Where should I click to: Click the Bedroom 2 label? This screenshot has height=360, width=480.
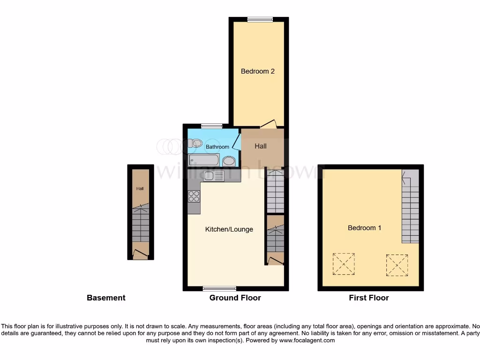(x=257, y=71)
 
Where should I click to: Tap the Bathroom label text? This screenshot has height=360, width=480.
(x=217, y=147)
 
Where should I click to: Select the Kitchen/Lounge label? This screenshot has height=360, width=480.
(x=229, y=229)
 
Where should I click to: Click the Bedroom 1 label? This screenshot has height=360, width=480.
(x=364, y=228)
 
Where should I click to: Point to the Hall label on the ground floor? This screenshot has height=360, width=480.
(x=261, y=146)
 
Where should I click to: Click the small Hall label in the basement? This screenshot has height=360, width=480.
(x=140, y=189)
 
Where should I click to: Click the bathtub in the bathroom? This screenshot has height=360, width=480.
(x=204, y=160)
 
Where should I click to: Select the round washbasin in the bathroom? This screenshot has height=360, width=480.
(x=229, y=161)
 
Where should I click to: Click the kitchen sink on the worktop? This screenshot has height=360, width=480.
(x=214, y=176)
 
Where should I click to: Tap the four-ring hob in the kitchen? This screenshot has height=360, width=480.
(x=194, y=196)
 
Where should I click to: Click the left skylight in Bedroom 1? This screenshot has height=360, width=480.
(x=344, y=264)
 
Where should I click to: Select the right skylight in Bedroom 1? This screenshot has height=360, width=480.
(x=397, y=265)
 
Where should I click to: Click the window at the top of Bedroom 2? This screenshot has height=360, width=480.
(x=260, y=19)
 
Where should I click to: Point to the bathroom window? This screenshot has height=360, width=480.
(x=211, y=126)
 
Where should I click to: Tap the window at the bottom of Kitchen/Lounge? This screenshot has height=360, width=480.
(x=219, y=288)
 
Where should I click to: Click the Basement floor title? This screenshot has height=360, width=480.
(x=106, y=298)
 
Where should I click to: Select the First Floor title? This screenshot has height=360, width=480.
(x=368, y=298)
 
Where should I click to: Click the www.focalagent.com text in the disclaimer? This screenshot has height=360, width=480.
(x=307, y=340)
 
